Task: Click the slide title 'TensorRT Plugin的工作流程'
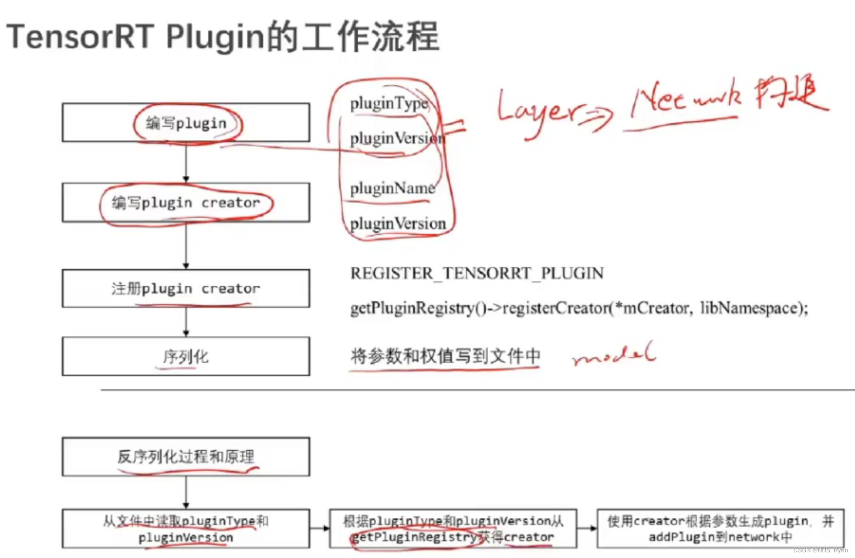(x=223, y=37)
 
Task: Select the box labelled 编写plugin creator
(x=186, y=203)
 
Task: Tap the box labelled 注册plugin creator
(x=186, y=288)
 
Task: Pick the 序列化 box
(x=186, y=356)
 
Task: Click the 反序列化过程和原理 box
(x=186, y=457)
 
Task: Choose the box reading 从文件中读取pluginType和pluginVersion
(x=186, y=529)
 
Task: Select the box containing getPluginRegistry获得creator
(x=453, y=529)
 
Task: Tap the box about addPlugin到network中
(x=720, y=529)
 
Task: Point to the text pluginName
(x=392, y=189)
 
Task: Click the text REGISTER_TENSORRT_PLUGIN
(x=477, y=273)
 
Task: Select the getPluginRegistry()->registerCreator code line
(x=579, y=308)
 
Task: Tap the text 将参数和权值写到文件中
(x=445, y=356)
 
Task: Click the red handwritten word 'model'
(x=614, y=354)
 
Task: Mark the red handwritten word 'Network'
(x=685, y=102)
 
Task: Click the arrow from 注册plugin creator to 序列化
(x=186, y=322)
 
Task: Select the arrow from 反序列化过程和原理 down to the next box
(x=186, y=493)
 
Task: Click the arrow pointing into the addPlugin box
(x=587, y=528)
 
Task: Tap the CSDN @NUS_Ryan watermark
(x=820, y=550)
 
